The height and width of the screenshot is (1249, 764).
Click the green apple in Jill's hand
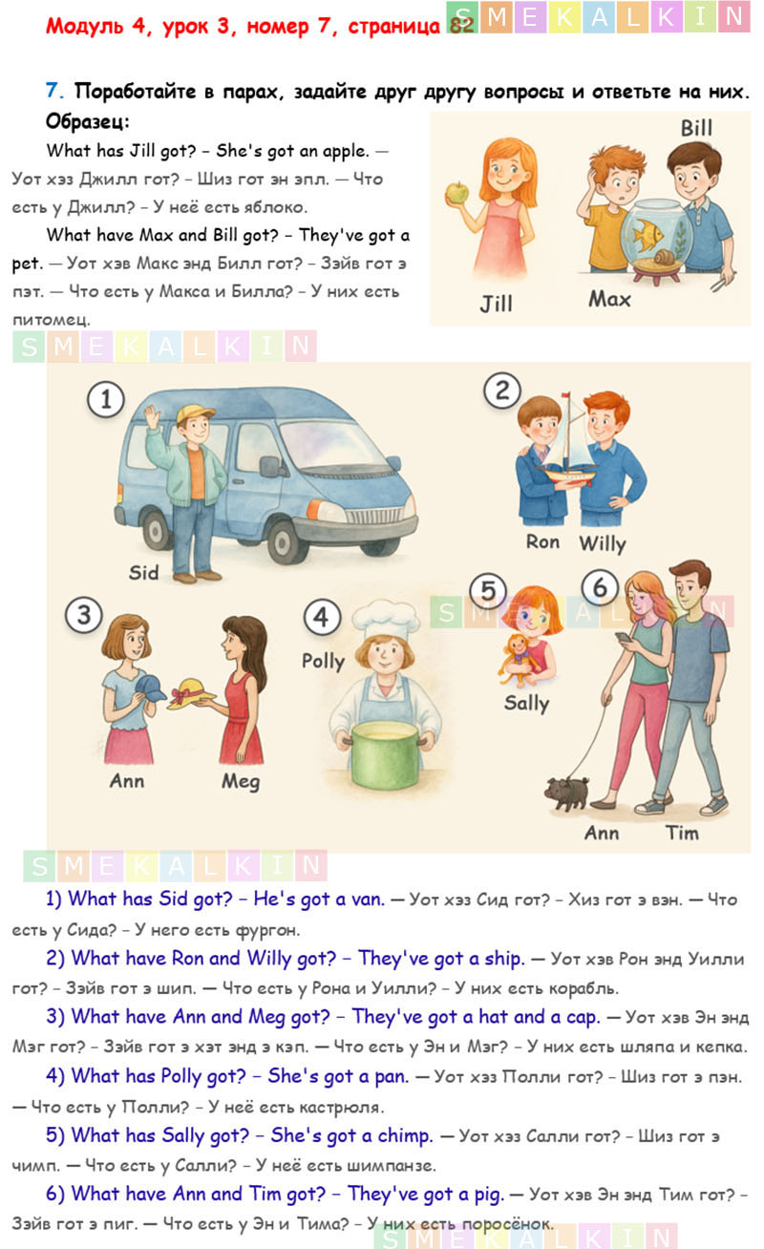(x=457, y=192)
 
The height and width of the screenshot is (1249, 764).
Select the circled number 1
(x=105, y=399)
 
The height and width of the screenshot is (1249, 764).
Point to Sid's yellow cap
(x=194, y=413)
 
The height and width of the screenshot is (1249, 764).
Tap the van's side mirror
(x=270, y=466)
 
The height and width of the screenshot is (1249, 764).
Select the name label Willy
(x=603, y=543)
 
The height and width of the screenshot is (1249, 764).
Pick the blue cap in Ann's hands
(x=149, y=688)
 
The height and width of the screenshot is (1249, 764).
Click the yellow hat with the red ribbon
(x=191, y=693)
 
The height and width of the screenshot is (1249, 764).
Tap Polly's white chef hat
(x=386, y=619)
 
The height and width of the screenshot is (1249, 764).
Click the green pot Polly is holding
(x=385, y=755)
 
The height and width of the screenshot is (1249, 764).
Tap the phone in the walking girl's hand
(x=624, y=638)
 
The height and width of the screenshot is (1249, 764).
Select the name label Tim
(x=682, y=833)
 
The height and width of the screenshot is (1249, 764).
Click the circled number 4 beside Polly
(x=321, y=617)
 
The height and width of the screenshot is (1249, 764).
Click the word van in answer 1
(x=368, y=899)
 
